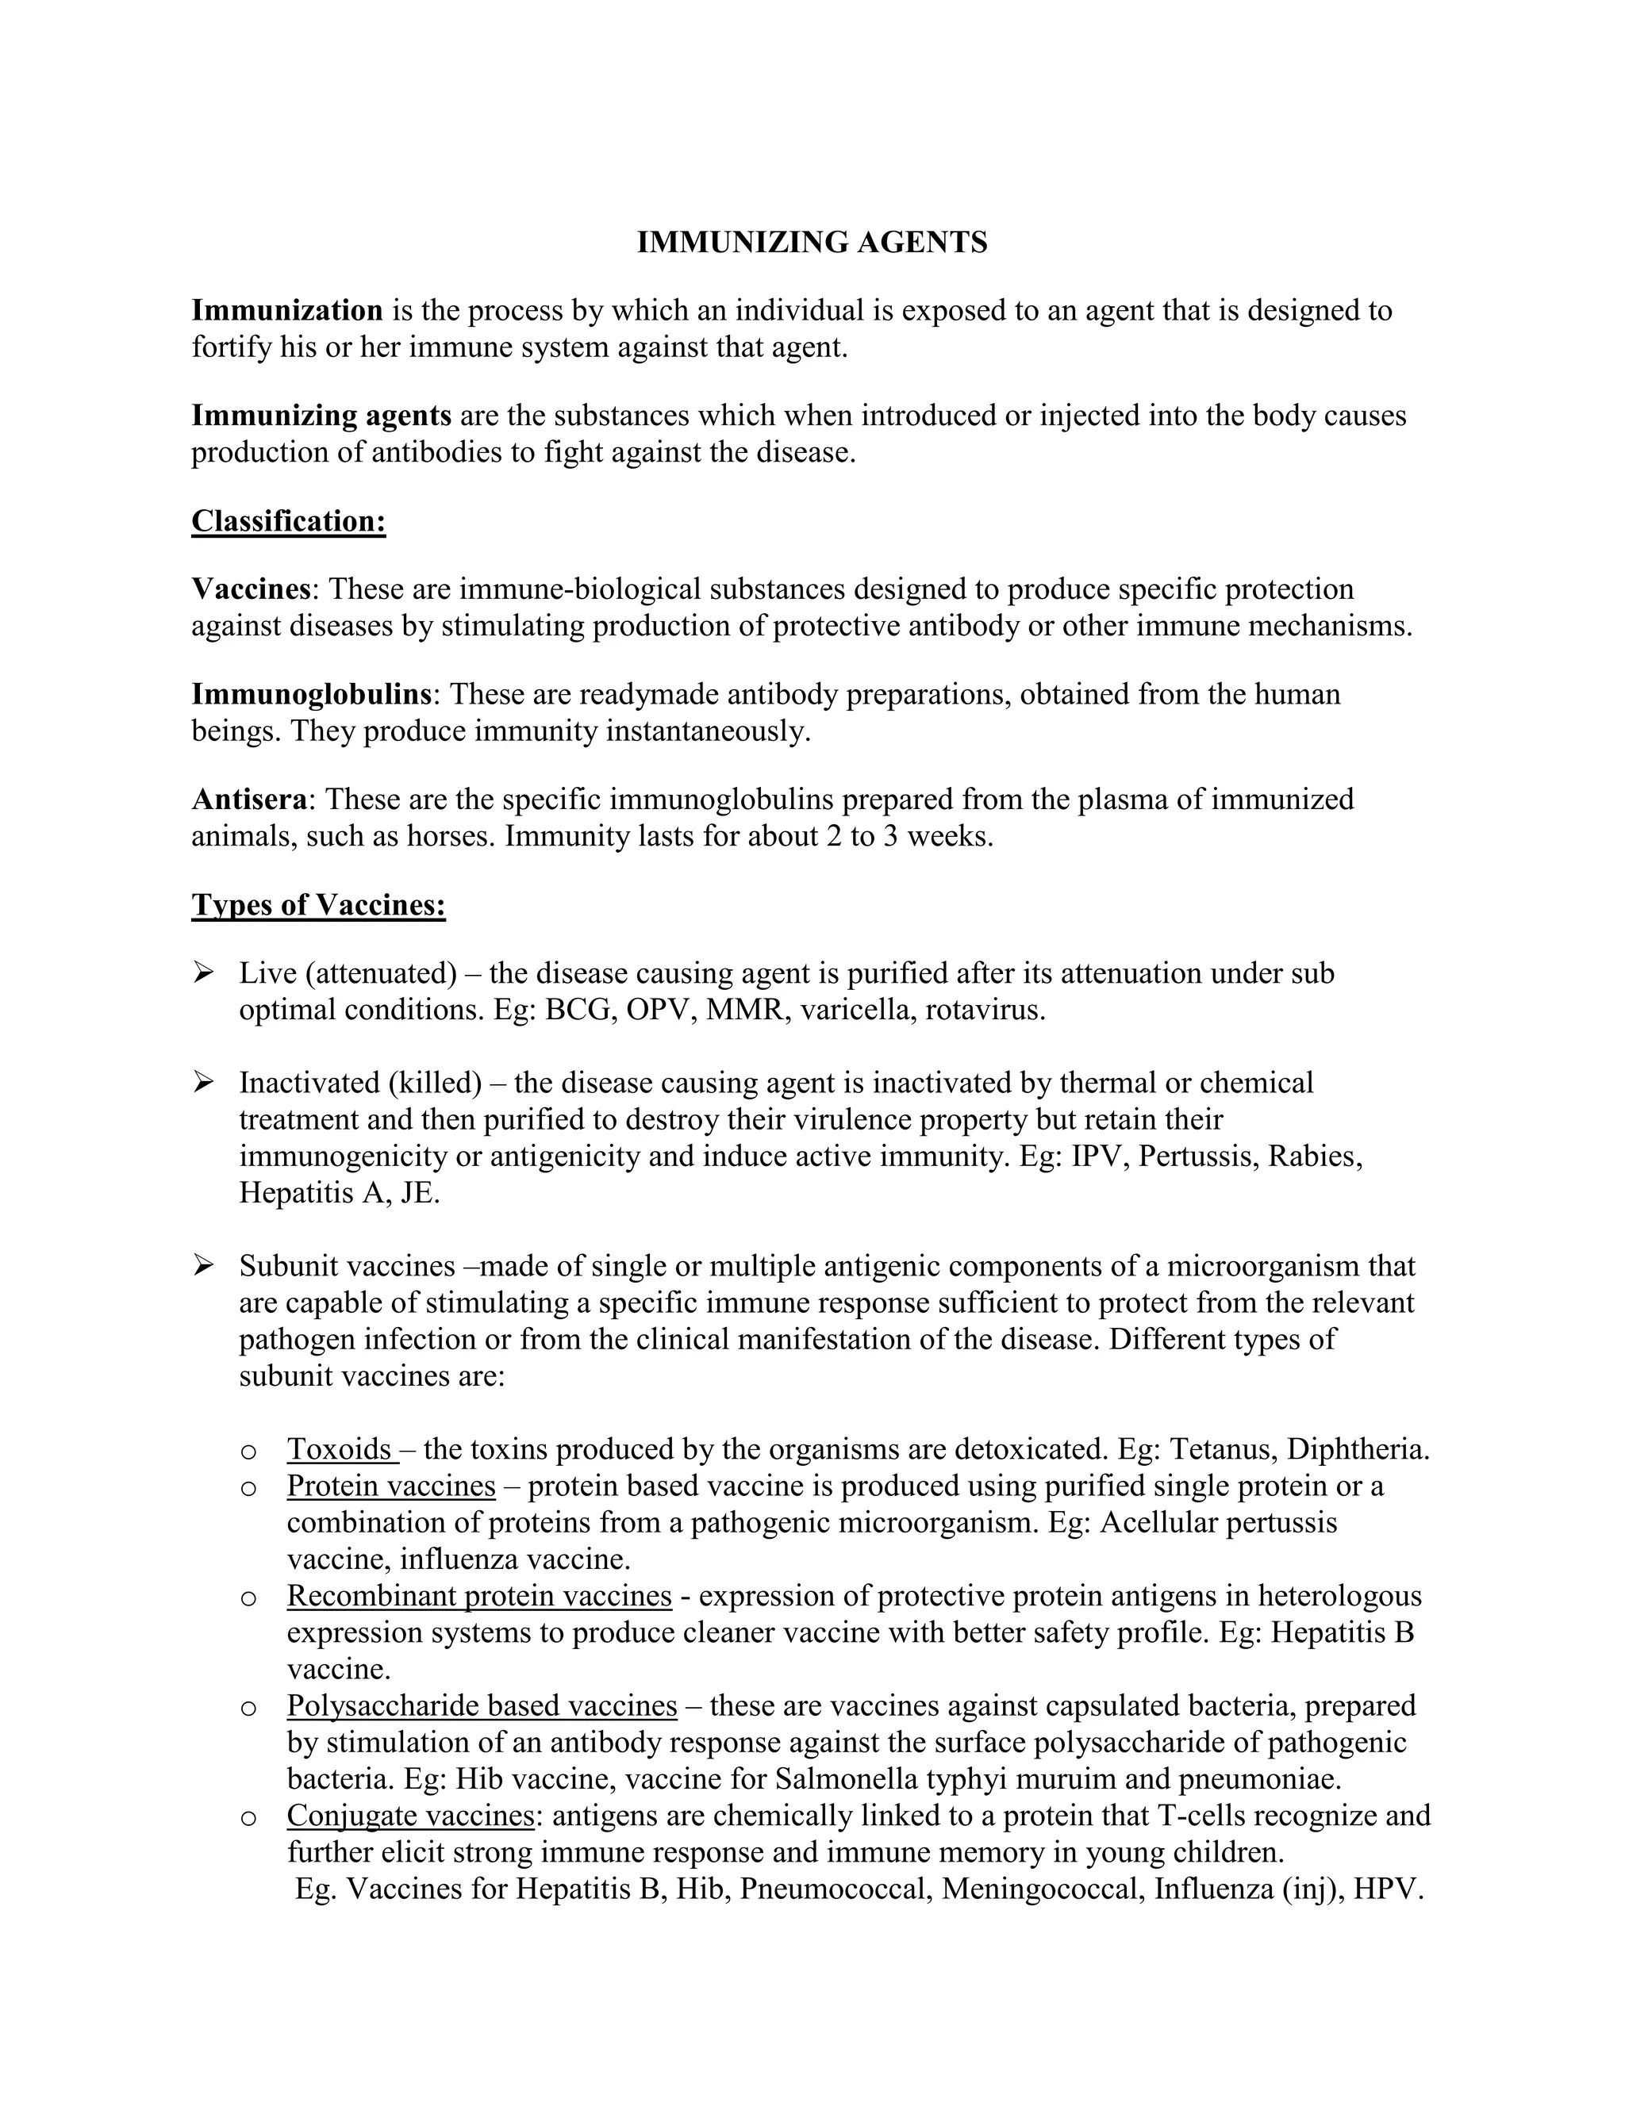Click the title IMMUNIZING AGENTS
(812, 242)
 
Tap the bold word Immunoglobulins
(311, 694)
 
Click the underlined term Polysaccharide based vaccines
(482, 1705)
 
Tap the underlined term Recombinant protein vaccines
(478, 1596)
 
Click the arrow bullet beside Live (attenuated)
(203, 973)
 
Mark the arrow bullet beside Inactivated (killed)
(203, 1083)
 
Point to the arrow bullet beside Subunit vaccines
(203, 1266)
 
